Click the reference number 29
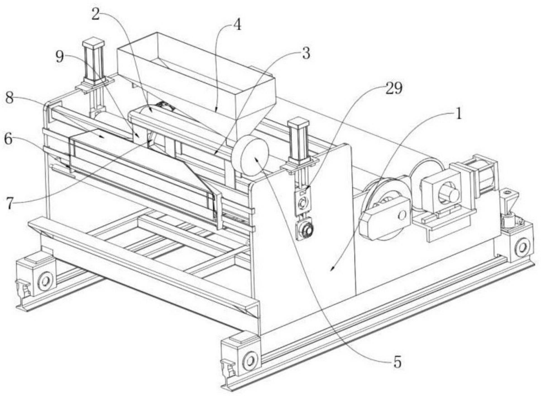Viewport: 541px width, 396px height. [x=394, y=89]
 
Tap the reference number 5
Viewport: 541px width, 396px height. [x=397, y=362]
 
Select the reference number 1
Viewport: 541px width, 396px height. [x=458, y=114]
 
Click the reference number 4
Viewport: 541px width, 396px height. [x=237, y=25]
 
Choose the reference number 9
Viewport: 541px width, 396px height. [x=60, y=57]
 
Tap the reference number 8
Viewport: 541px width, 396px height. [x=9, y=98]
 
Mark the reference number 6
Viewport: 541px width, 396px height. [x=8, y=139]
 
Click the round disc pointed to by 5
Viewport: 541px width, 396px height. [x=250, y=156]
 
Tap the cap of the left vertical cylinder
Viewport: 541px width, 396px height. [x=94, y=42]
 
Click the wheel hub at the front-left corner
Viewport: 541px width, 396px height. [x=46, y=281]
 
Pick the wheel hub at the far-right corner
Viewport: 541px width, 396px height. [x=522, y=247]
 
